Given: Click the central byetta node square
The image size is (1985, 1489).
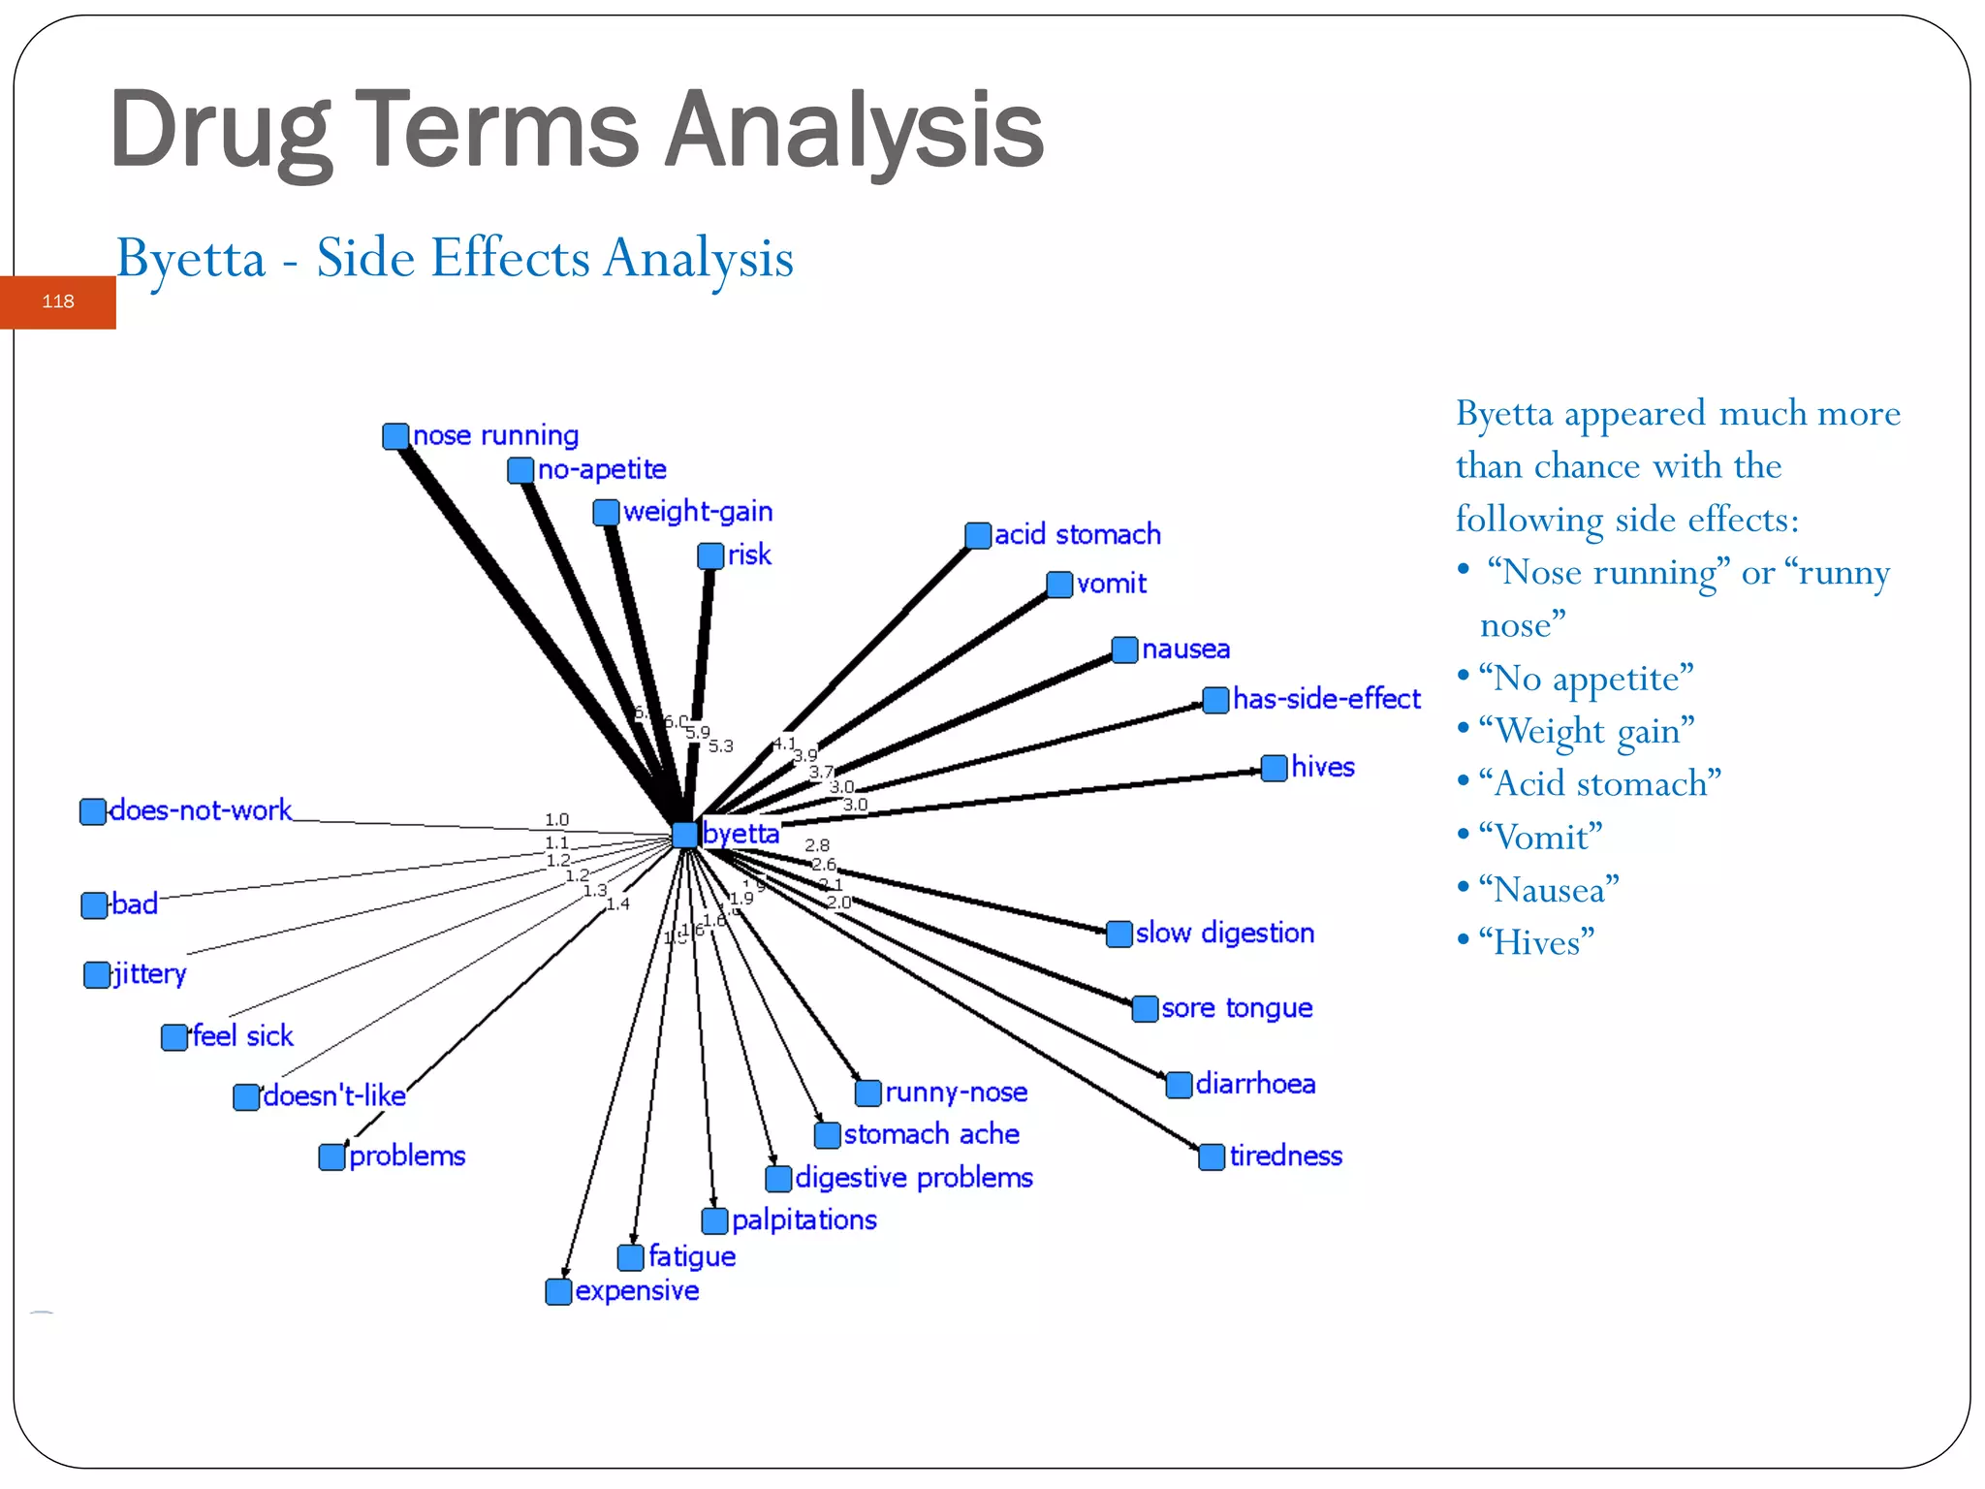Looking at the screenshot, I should (x=684, y=834).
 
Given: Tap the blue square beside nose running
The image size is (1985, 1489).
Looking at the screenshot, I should (x=395, y=436).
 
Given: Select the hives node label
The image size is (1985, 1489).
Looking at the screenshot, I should (x=1322, y=767).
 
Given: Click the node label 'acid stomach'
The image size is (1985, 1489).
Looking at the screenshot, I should (x=1077, y=534).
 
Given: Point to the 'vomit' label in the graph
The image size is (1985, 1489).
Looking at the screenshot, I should (x=1111, y=584).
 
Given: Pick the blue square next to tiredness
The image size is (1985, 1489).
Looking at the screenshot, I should (x=1212, y=1156).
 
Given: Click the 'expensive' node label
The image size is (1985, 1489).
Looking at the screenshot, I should (x=637, y=1291).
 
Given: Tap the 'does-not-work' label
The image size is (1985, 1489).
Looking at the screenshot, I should (x=201, y=810).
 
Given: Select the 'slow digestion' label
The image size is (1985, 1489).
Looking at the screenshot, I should (x=1224, y=933).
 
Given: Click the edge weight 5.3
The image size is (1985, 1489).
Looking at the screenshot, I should (x=721, y=746).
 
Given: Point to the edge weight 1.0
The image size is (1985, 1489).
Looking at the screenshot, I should (x=556, y=820).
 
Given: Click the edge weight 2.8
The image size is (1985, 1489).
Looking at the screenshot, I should (x=817, y=845).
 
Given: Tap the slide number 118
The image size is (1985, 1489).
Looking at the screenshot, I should (x=58, y=301).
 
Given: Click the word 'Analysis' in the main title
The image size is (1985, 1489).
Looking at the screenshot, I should (x=854, y=129).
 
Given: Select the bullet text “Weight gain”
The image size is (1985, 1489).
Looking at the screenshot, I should (x=1586, y=730).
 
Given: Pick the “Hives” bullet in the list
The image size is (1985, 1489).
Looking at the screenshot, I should (x=1536, y=941).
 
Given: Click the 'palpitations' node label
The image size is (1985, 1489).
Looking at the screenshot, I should (x=803, y=1220).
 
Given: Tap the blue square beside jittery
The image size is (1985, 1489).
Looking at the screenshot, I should (x=97, y=974).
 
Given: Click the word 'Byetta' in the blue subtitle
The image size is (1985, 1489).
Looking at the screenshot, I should (x=191, y=259).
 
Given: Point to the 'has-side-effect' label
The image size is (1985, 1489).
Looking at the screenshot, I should (x=1326, y=699).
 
